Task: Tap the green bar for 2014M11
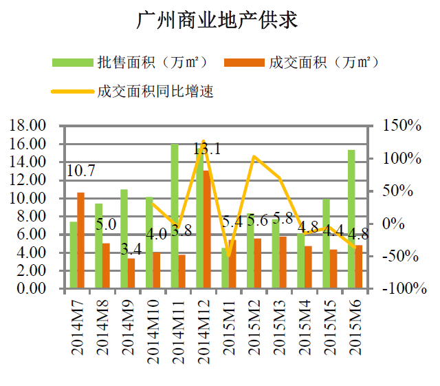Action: click(175, 216)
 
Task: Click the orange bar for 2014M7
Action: click(81, 240)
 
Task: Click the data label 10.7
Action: click(81, 171)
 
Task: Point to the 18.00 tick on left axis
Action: click(27, 126)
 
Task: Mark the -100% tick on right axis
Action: click(400, 288)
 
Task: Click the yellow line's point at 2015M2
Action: click(254, 157)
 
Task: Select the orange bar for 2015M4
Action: click(309, 267)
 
